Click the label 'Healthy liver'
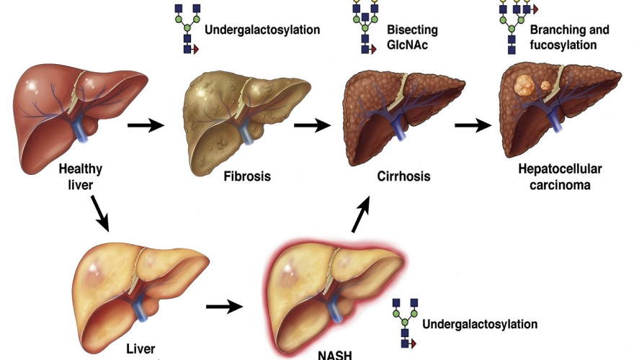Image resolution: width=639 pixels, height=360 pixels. click(81, 176)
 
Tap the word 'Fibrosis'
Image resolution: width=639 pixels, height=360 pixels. click(246, 176)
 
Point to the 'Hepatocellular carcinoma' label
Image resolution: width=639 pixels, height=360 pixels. click(559, 176)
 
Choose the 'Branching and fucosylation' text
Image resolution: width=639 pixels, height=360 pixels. click(568, 37)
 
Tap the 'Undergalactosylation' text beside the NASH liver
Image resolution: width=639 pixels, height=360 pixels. click(480, 324)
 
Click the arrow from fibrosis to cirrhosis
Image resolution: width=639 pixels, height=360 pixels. click(312, 127)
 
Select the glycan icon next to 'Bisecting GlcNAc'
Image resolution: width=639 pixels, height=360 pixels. click(365, 27)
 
